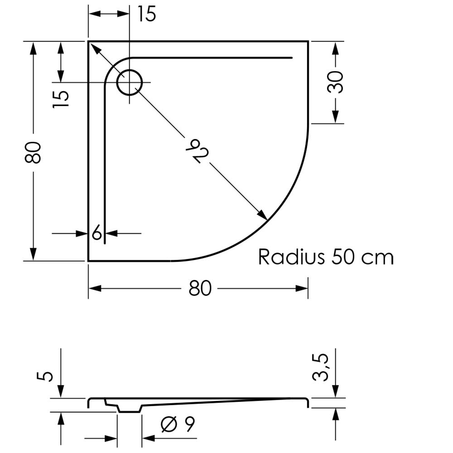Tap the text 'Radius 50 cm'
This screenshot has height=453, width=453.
[x=326, y=256]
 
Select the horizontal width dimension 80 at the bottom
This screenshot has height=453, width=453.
[x=200, y=288]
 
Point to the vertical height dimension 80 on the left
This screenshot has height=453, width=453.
[x=32, y=153]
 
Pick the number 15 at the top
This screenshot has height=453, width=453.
[x=147, y=14]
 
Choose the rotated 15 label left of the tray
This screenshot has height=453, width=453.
[x=61, y=99]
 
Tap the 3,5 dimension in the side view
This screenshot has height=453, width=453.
[x=320, y=367]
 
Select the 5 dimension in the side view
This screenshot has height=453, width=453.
[x=45, y=376]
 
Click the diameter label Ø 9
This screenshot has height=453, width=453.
[x=178, y=424]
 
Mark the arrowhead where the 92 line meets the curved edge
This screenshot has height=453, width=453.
[x=263, y=215]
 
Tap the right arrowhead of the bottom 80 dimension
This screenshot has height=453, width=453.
[x=302, y=288]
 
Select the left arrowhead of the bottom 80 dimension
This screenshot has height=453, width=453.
[x=95, y=288]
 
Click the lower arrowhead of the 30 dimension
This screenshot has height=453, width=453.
[x=335, y=117]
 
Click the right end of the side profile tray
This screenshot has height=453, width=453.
[x=308, y=403]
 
